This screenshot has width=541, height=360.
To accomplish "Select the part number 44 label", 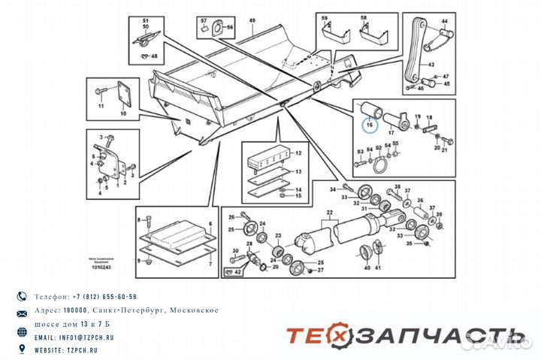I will (x=443, y=23).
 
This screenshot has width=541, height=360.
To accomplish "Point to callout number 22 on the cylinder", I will (x=326, y=214).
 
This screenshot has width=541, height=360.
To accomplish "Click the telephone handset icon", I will (x=21, y=297).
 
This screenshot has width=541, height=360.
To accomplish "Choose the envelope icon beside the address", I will (x=21, y=311).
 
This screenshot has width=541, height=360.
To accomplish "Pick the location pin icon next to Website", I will (x=21, y=349).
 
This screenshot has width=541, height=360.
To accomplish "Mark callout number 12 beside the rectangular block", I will (x=298, y=153).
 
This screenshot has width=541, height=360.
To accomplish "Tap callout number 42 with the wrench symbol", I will (x=238, y=274).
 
